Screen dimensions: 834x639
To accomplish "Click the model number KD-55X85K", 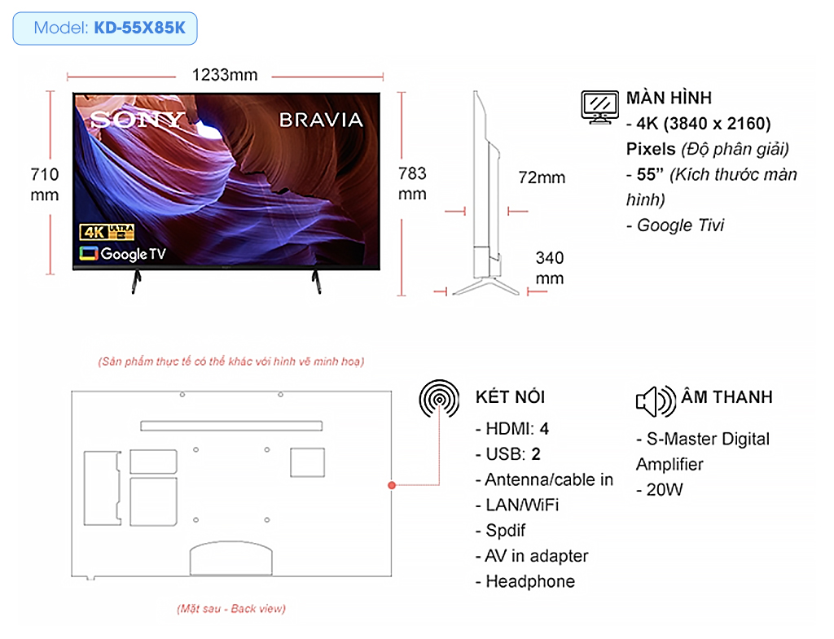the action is (x=140, y=28).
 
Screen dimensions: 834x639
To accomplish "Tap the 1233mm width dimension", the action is (x=225, y=75).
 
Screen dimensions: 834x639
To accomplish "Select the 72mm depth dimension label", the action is (x=542, y=177).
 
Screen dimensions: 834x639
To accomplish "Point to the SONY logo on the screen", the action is (x=137, y=120).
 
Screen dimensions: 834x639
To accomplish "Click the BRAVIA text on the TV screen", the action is (x=321, y=120).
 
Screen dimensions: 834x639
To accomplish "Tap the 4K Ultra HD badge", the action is (x=107, y=232).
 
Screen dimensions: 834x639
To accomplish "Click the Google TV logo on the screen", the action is (x=123, y=254).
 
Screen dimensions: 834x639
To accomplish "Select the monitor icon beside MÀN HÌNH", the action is (x=600, y=107).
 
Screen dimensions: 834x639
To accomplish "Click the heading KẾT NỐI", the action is (x=510, y=396).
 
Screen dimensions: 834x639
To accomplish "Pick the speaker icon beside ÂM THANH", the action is (x=656, y=401).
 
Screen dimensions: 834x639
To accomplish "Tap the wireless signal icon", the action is (x=439, y=399).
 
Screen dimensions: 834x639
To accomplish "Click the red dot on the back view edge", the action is (x=392, y=485).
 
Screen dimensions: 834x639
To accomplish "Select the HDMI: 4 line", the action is (x=512, y=428).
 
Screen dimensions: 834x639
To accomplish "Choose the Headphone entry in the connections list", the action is (x=525, y=581).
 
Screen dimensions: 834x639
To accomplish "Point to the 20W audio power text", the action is (x=660, y=489).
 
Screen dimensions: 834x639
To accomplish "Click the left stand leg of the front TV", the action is (x=136, y=282).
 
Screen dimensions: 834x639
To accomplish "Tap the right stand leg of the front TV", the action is (x=317, y=282).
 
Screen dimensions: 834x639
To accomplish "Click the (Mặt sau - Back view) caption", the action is (x=231, y=609).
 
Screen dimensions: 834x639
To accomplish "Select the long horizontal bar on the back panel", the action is (x=231, y=426).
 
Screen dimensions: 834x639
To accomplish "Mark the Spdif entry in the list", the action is (x=501, y=531).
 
